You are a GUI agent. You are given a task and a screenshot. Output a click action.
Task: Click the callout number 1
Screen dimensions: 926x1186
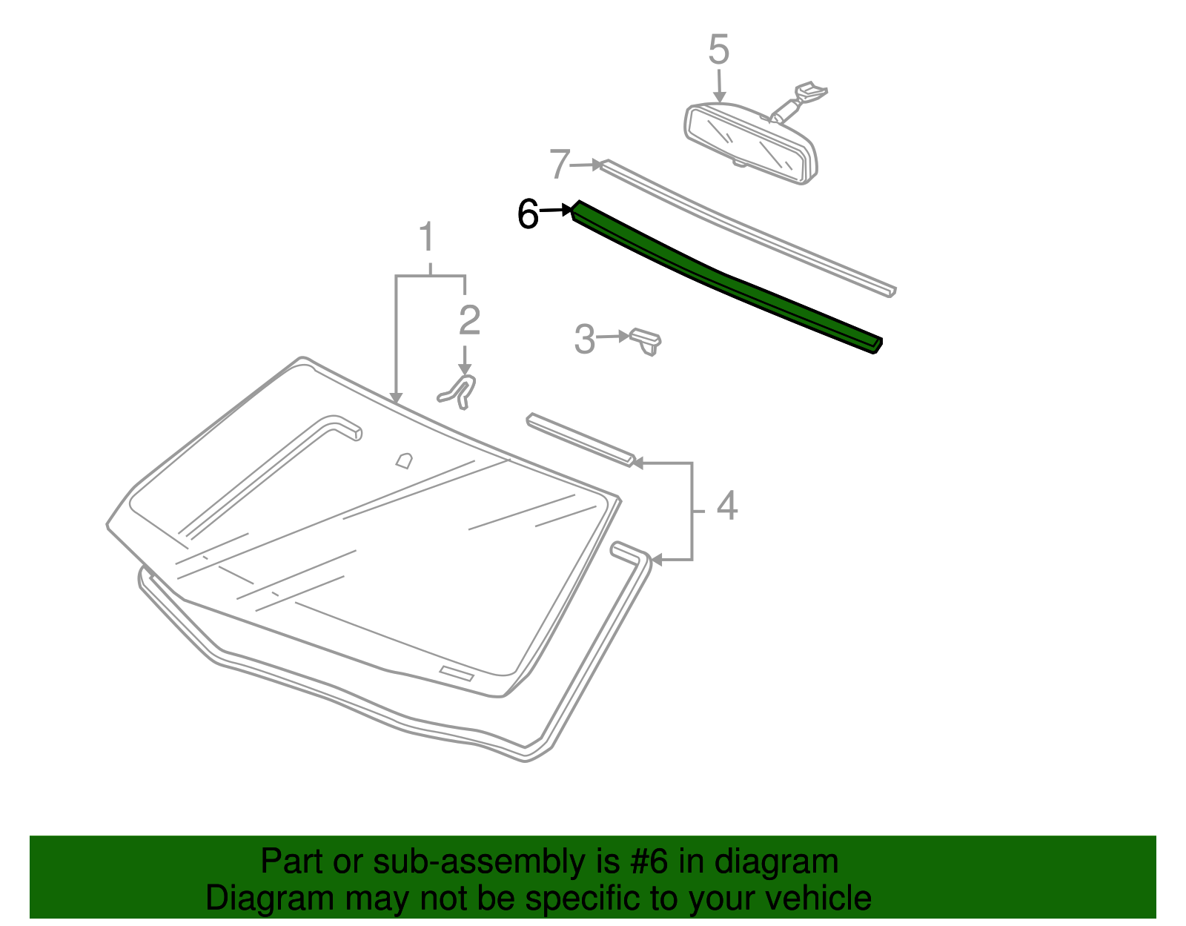tap(426, 238)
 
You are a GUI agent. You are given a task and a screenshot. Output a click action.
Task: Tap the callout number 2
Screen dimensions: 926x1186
tap(469, 320)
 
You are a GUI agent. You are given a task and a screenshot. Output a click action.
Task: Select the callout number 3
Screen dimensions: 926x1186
tap(585, 340)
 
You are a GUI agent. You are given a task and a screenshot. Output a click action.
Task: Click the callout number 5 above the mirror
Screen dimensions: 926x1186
tap(718, 50)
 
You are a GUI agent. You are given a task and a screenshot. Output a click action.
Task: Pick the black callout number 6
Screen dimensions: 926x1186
tap(528, 214)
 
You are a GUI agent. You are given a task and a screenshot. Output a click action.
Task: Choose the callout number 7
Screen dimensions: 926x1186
tap(560, 164)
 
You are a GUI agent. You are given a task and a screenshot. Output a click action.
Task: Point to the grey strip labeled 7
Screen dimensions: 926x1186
tap(749, 226)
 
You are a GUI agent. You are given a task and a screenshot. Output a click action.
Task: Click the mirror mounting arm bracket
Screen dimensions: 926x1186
tap(801, 99)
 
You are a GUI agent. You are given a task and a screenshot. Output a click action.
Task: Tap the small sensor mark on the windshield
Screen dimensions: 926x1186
tap(403, 460)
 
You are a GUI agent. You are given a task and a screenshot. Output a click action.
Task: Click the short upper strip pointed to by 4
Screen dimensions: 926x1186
tap(580, 440)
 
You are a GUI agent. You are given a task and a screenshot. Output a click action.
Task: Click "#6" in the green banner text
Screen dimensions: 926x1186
tap(649, 862)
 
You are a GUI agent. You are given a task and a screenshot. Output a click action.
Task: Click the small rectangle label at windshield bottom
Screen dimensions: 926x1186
tap(457, 673)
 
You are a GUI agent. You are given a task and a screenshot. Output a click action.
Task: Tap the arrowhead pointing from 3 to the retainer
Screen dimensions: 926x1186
tap(624, 337)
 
